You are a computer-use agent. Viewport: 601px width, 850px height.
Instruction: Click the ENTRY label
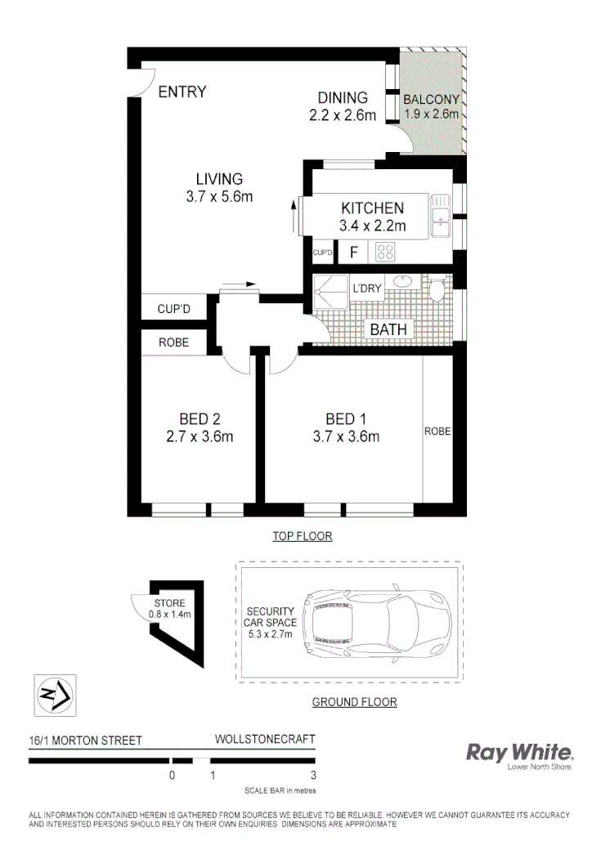pos(182,92)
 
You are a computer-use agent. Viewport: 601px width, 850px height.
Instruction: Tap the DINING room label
pos(343,98)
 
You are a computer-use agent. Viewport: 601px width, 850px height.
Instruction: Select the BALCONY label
pos(432,101)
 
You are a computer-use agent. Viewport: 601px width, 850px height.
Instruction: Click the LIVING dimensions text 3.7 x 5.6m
pos(219,196)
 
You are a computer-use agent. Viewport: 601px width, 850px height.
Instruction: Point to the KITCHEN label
pos(373,208)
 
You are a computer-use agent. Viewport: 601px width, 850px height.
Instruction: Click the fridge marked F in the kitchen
pos(354,253)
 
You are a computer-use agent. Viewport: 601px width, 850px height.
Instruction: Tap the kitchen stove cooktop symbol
pos(386,253)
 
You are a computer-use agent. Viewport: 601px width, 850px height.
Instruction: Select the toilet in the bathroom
pos(437,290)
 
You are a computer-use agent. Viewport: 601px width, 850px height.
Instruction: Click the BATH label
pos(388,329)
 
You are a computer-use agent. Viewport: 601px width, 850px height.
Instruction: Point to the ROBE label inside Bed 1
pos(437,431)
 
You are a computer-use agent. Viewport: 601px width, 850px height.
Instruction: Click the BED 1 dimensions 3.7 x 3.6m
pos(346,436)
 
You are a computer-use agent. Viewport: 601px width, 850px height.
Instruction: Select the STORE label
pos(169,603)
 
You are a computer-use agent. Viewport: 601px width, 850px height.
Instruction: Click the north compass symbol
pos(54,696)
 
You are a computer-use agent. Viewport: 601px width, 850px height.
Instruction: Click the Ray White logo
pos(519,754)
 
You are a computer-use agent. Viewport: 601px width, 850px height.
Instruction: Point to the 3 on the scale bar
pos(314,776)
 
